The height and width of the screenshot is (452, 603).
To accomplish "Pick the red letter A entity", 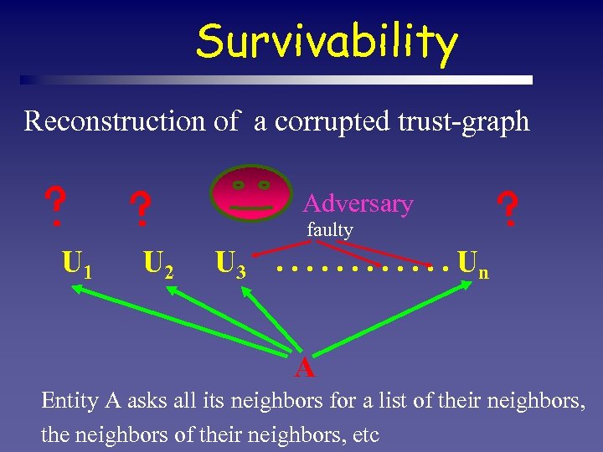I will (304, 367).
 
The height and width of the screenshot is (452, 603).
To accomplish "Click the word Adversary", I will (358, 203).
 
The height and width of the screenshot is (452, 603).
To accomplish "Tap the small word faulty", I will (329, 229).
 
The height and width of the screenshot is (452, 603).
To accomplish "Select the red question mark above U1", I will (55, 207).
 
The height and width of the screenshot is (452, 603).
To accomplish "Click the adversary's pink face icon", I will (250, 193).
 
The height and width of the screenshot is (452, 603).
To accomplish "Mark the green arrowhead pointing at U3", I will (246, 290).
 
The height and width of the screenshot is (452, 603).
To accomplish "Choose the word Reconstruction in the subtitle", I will (113, 121).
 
